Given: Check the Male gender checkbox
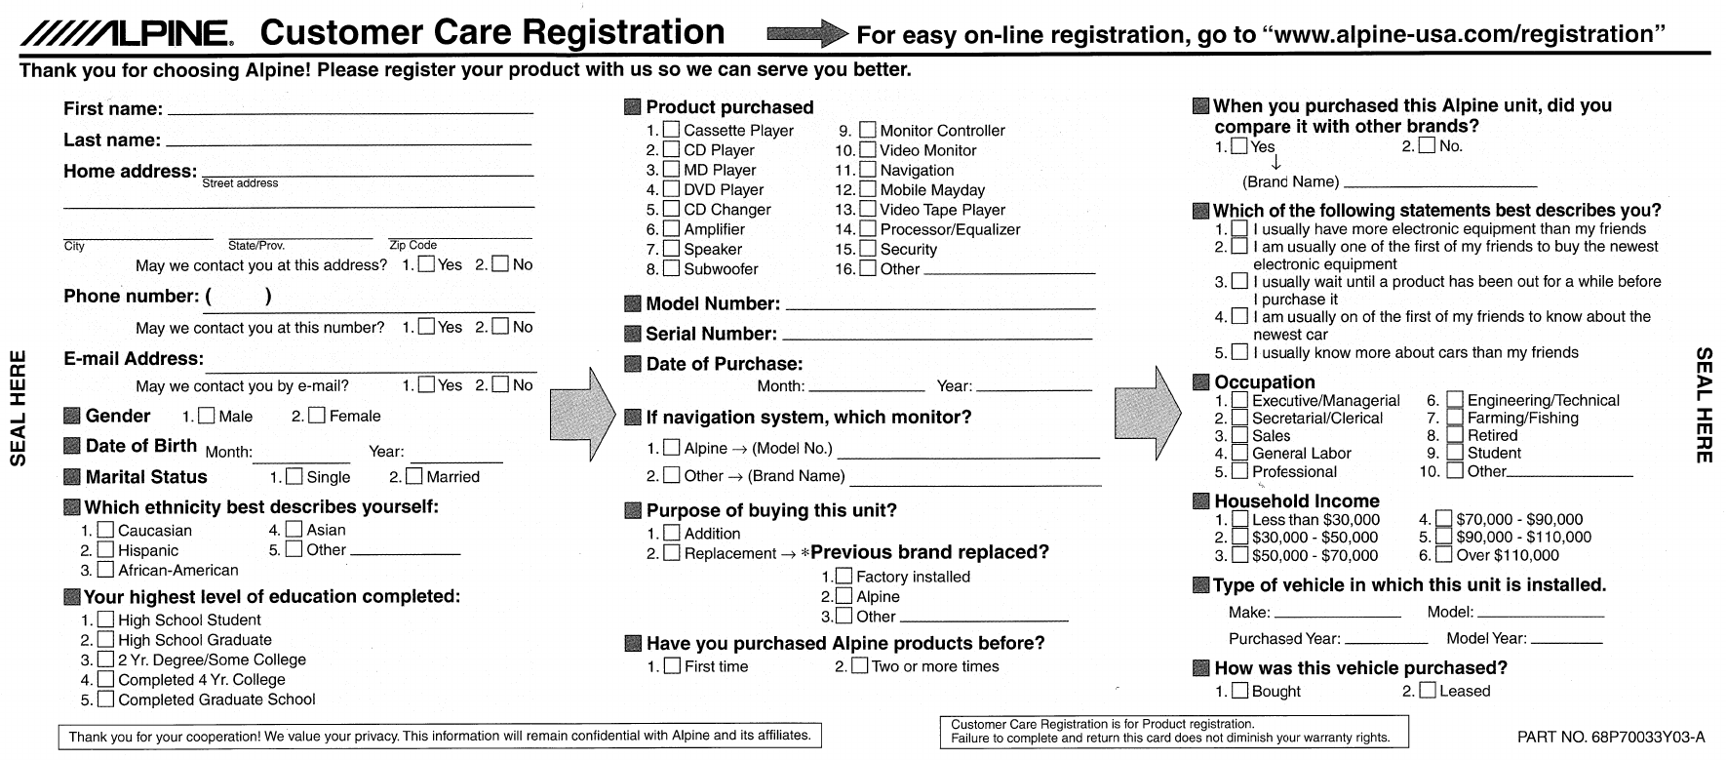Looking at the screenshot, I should click(x=207, y=416).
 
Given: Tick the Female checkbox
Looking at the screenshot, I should click(x=317, y=416).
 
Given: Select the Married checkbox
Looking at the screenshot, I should click(x=414, y=476).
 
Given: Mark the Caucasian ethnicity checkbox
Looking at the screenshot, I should click(x=104, y=530).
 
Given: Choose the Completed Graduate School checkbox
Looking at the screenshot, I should click(x=104, y=700).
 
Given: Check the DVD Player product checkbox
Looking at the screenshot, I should click(x=671, y=189).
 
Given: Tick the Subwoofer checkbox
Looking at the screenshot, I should click(x=671, y=268).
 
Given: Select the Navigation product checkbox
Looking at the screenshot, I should click(x=867, y=170).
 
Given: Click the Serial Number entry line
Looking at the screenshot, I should click(x=936, y=337).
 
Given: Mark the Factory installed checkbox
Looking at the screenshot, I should click(x=844, y=577).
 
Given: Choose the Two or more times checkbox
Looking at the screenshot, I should click(x=859, y=666).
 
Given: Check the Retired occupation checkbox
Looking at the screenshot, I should click(x=1454, y=435).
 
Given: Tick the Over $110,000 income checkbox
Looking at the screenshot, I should click(x=1444, y=555).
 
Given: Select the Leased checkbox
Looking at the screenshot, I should click(x=1428, y=691).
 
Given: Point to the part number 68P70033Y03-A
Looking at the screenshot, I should click(x=1611, y=738).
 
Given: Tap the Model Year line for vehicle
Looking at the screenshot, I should click(x=1565, y=640).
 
